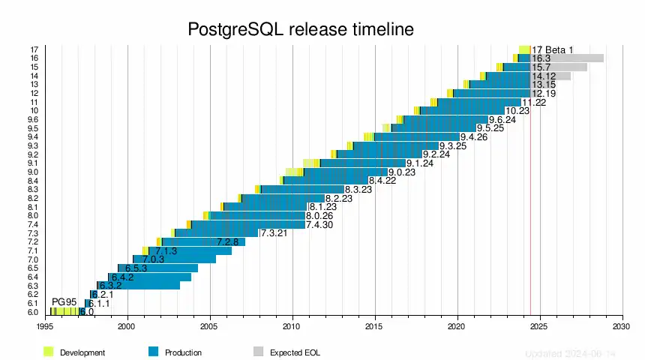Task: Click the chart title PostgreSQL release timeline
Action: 300,30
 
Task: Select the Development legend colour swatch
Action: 49,352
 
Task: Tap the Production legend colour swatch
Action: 154,352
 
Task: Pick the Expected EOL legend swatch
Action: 259,352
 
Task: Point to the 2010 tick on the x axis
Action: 292,327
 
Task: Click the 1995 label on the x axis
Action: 45,327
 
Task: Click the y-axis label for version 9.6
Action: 33,119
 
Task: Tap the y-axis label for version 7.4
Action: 33,224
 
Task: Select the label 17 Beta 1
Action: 553,50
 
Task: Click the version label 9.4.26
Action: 474,137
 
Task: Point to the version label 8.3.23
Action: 358,190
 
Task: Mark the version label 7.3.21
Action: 274,233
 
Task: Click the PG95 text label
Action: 64,301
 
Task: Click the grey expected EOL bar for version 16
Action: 577,58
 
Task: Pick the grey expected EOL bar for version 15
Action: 570,67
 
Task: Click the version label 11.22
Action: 534,102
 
